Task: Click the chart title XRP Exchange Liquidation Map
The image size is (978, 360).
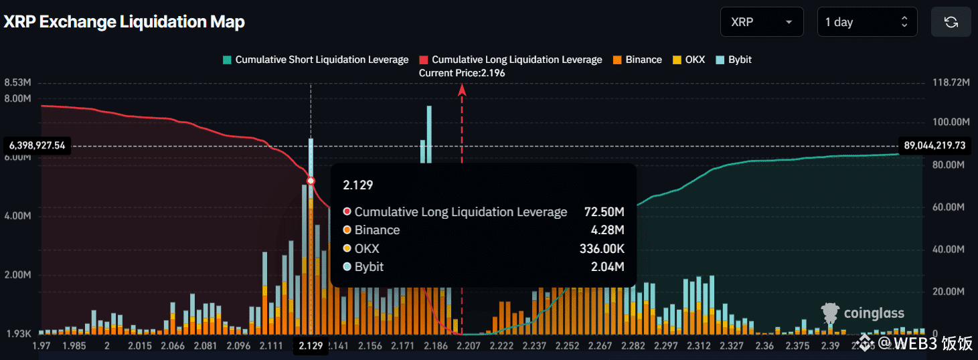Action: pyautogui.click(x=125, y=22)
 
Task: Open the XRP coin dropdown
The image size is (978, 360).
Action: pyautogui.click(x=762, y=22)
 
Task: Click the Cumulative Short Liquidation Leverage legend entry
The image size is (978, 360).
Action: pyautogui.click(x=315, y=60)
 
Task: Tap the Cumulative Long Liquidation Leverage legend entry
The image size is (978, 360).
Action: pyautogui.click(x=510, y=60)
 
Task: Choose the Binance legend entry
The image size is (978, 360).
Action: pyautogui.click(x=637, y=60)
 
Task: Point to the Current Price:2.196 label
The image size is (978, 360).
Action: pyautogui.click(x=462, y=73)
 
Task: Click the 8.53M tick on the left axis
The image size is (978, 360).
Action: pyautogui.click(x=18, y=83)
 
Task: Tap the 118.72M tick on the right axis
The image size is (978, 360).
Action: pyautogui.click(x=951, y=83)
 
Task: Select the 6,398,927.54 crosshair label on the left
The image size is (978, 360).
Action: pyautogui.click(x=37, y=145)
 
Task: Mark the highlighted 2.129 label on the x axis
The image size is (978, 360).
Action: pyautogui.click(x=311, y=346)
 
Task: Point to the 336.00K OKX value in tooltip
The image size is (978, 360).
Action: pyautogui.click(x=602, y=249)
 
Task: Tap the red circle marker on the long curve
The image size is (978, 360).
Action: pyautogui.click(x=311, y=181)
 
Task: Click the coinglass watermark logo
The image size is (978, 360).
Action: pyautogui.click(x=863, y=313)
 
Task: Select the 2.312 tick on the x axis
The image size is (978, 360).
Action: pyautogui.click(x=698, y=346)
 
